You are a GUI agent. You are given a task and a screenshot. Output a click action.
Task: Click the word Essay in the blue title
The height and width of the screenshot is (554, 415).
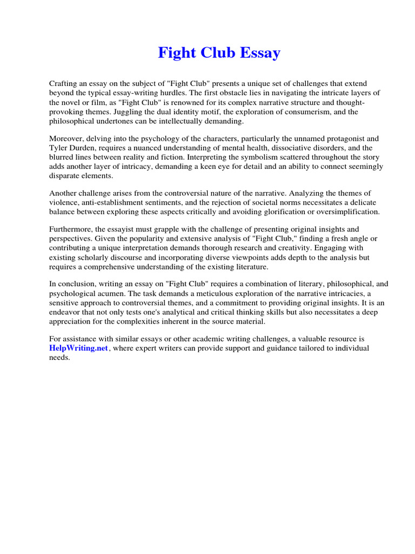click(x=257, y=53)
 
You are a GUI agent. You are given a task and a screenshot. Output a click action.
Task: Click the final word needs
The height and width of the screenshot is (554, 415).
click(x=59, y=358)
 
